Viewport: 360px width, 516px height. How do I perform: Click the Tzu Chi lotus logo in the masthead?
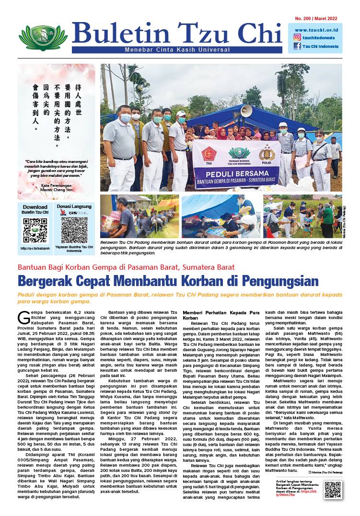pyautogui.click(x=43, y=37)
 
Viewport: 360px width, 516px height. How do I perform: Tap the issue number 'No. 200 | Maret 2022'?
pyautogui.click(x=313, y=18)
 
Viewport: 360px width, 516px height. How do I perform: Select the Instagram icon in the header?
pyautogui.click(x=297, y=37)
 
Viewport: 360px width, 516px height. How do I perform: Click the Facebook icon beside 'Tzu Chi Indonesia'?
pyautogui.click(x=297, y=46)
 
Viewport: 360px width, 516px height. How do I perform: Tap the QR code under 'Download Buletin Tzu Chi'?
pyautogui.click(x=35, y=230)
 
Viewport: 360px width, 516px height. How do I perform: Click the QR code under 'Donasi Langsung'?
pyautogui.click(x=74, y=230)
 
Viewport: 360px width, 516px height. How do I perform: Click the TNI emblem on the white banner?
pyautogui.click(x=209, y=154)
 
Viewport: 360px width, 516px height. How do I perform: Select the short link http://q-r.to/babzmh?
pyautogui.click(x=35, y=248)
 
